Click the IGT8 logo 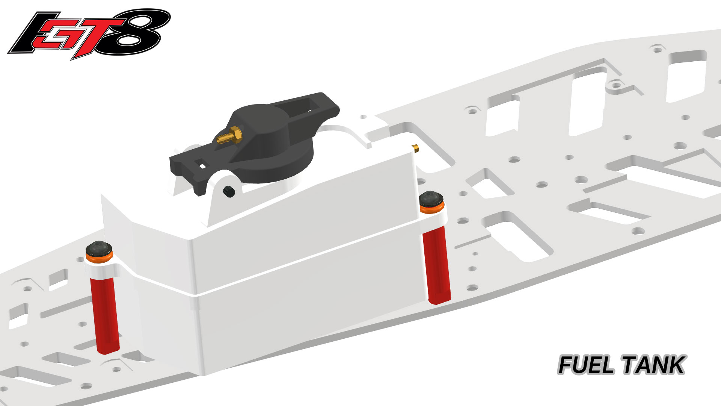coord(89,35)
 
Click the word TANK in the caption coord(653,365)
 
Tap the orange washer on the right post coord(432,208)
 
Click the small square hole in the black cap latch coord(202,165)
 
